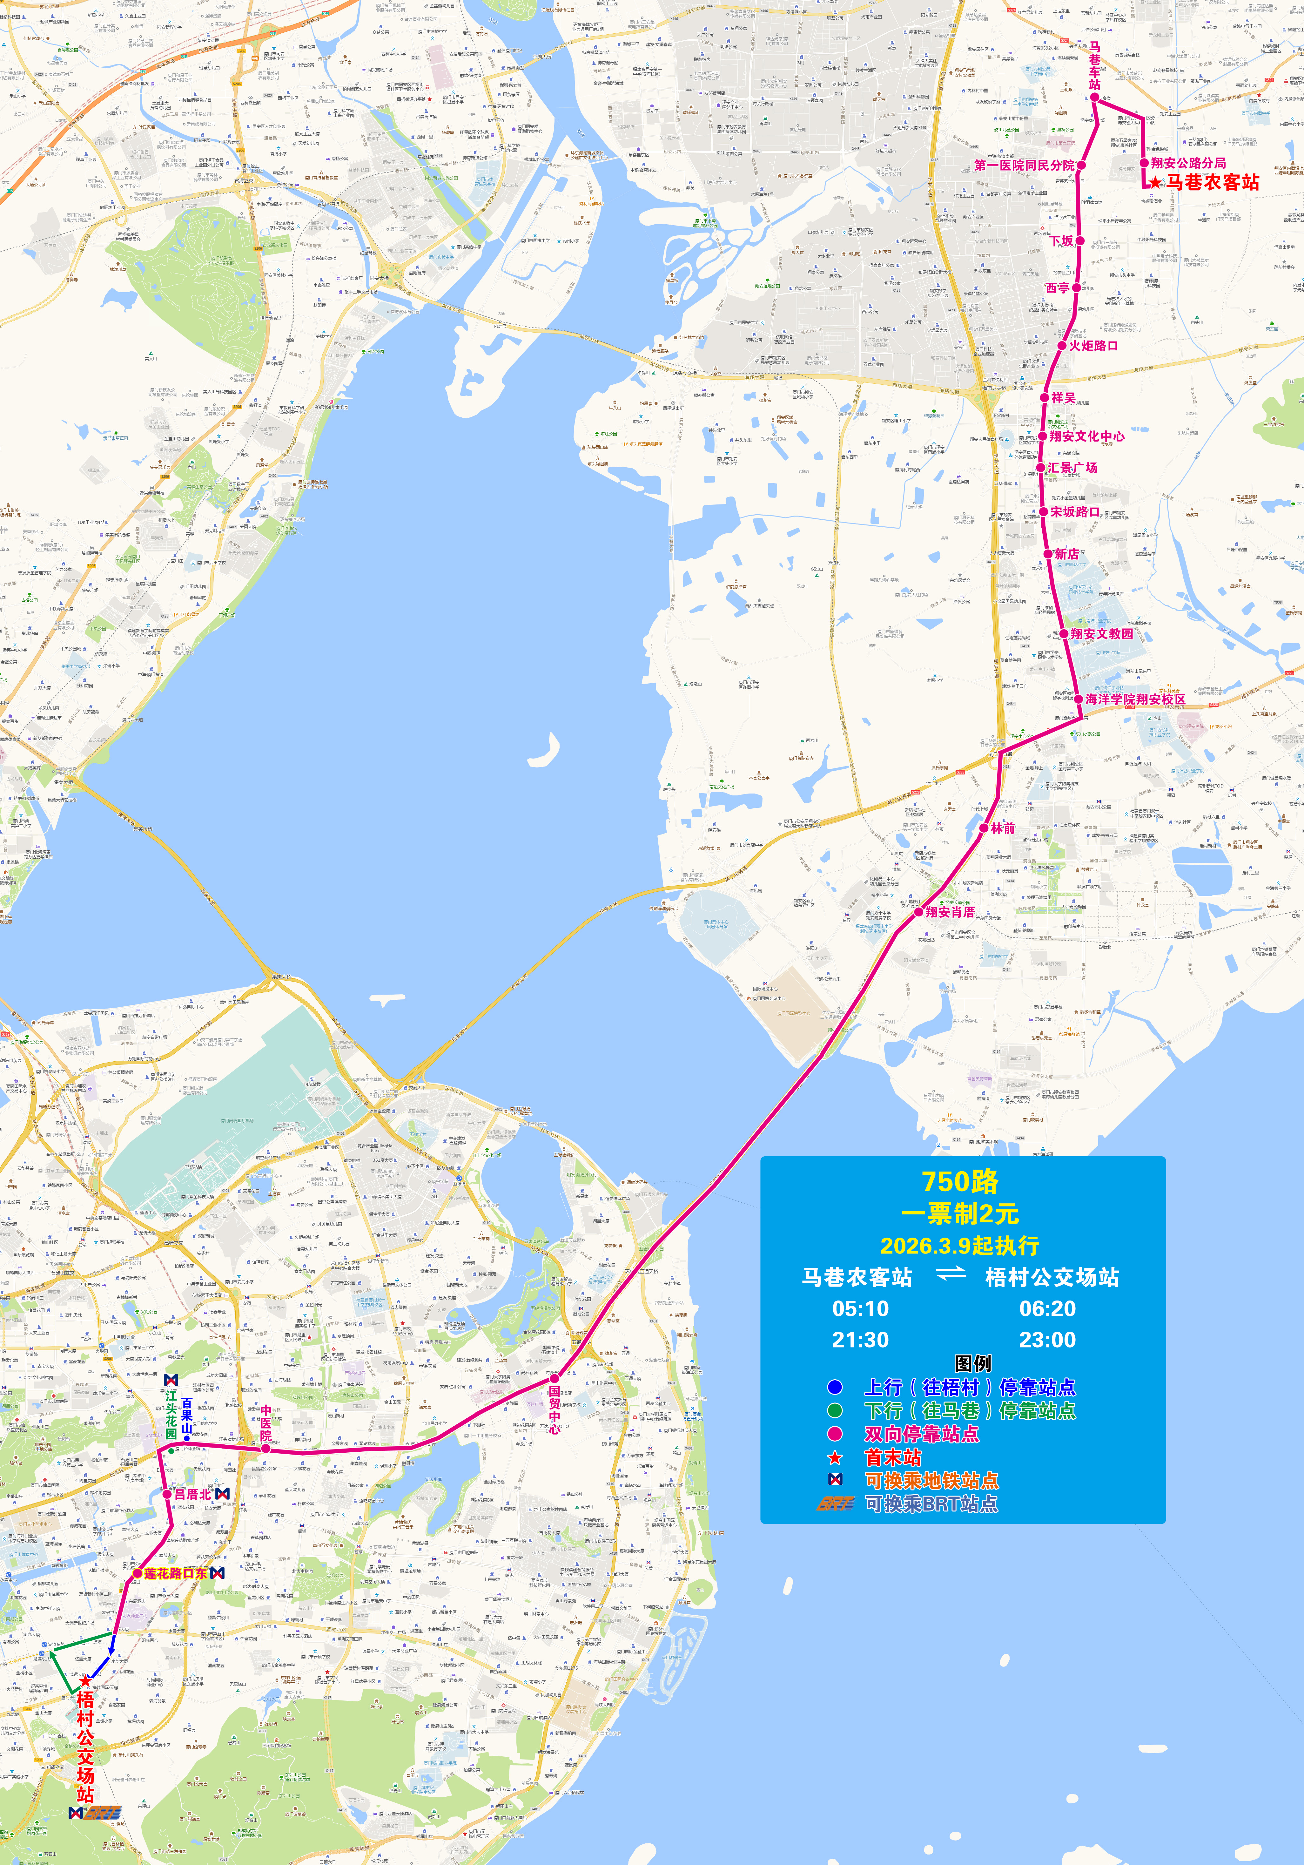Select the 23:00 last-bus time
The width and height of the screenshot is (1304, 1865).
(x=1047, y=1340)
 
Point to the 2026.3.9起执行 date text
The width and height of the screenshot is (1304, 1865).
(x=960, y=1245)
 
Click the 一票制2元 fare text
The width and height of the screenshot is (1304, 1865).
(x=960, y=1213)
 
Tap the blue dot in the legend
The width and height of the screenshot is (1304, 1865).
(x=835, y=1387)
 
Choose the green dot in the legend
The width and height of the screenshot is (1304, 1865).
(x=835, y=1411)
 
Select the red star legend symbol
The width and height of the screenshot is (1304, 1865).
(x=835, y=1458)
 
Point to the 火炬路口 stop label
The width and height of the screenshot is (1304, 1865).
(x=1093, y=345)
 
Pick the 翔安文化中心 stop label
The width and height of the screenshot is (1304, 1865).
(x=1086, y=436)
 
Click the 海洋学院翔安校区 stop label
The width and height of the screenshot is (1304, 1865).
(x=1135, y=699)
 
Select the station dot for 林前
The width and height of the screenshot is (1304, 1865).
(x=984, y=828)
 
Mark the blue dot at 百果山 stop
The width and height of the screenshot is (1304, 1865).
(x=187, y=1439)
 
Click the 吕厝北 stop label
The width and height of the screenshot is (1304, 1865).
(x=192, y=1494)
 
